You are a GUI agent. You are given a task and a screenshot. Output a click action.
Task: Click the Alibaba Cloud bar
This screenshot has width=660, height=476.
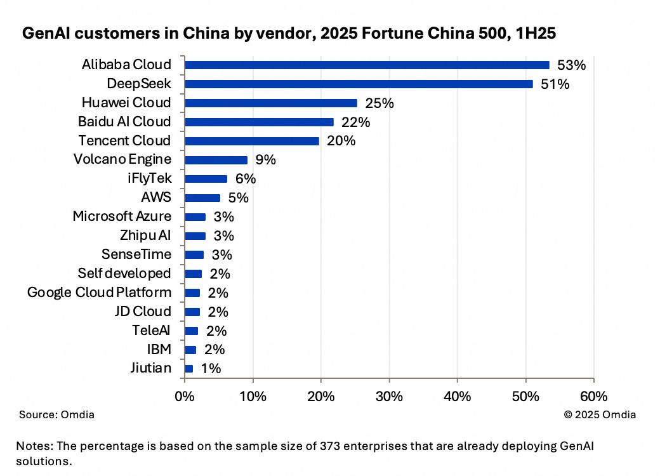(x=367, y=65)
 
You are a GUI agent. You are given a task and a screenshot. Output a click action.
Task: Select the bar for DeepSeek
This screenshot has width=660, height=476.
(x=359, y=84)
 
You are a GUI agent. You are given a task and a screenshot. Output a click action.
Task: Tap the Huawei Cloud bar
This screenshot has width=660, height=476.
(x=271, y=103)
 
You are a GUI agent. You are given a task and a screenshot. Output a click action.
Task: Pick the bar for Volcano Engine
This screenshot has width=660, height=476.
(x=216, y=160)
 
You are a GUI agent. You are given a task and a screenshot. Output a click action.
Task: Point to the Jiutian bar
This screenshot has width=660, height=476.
(x=188, y=368)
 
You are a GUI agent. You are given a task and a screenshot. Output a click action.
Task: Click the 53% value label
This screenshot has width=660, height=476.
(x=571, y=65)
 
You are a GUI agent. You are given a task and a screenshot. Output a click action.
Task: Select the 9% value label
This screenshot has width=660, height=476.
(x=265, y=160)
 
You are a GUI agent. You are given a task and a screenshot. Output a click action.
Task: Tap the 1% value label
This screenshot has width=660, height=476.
(x=211, y=368)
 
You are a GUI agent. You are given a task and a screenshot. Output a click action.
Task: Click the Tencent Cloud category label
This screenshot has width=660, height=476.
(x=124, y=140)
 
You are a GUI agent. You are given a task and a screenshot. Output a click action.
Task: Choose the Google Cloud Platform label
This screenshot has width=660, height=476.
(x=99, y=292)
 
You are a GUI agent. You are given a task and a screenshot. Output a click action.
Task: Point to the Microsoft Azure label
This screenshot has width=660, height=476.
(x=122, y=216)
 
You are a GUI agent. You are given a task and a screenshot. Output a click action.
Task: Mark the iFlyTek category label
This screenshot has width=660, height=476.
(x=149, y=178)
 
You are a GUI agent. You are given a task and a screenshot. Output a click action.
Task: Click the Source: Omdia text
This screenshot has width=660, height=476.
(x=56, y=414)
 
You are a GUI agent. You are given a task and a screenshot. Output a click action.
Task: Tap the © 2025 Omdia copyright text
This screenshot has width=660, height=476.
(x=600, y=414)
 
